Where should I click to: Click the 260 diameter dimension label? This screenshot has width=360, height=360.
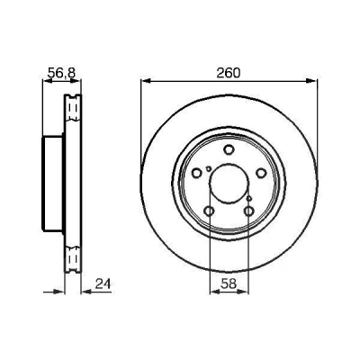[229, 73]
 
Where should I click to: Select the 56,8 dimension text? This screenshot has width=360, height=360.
[62, 73]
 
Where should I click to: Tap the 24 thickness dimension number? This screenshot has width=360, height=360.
[103, 283]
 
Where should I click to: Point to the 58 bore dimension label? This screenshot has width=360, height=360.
[229, 283]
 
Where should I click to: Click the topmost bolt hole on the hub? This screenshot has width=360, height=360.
[229, 149]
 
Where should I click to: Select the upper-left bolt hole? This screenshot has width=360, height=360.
[197, 173]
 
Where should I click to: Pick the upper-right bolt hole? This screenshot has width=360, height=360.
[261, 173]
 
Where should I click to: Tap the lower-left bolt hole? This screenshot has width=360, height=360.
[209, 211]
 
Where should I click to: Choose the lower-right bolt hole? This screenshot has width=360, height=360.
[249, 211]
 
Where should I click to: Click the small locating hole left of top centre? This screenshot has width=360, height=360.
[209, 168]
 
